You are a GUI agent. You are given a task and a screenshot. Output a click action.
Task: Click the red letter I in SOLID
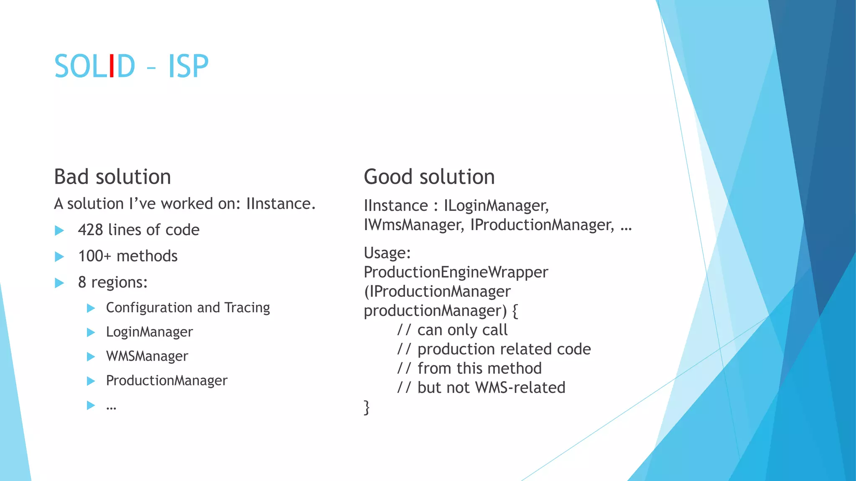(x=111, y=66)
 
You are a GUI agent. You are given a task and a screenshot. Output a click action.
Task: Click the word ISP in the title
(x=188, y=66)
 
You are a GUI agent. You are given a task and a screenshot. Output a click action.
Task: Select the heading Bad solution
(x=112, y=177)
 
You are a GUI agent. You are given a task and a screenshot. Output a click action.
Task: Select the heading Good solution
(x=429, y=177)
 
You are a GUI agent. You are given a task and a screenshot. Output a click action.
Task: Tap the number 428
(x=90, y=230)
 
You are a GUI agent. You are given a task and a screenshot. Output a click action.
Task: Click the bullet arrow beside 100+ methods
(x=59, y=256)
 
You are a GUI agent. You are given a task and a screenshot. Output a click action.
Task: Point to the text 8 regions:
(x=113, y=282)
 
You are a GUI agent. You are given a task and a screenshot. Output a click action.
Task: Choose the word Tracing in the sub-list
(x=247, y=308)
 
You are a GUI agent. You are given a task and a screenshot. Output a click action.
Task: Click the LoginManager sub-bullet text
(x=149, y=332)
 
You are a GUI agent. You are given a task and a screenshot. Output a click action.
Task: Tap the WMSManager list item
(x=147, y=356)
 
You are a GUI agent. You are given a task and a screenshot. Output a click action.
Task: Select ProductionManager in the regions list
(x=166, y=380)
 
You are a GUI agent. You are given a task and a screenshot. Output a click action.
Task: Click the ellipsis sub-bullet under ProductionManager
(x=111, y=406)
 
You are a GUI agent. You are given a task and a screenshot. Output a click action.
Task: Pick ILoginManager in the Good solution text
(x=496, y=206)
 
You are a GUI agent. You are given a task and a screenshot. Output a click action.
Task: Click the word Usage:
(x=387, y=253)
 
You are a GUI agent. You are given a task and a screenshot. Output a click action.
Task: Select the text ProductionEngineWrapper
(x=456, y=272)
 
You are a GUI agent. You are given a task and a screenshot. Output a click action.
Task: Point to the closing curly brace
(x=367, y=407)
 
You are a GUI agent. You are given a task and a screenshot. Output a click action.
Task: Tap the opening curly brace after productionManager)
(x=515, y=311)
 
